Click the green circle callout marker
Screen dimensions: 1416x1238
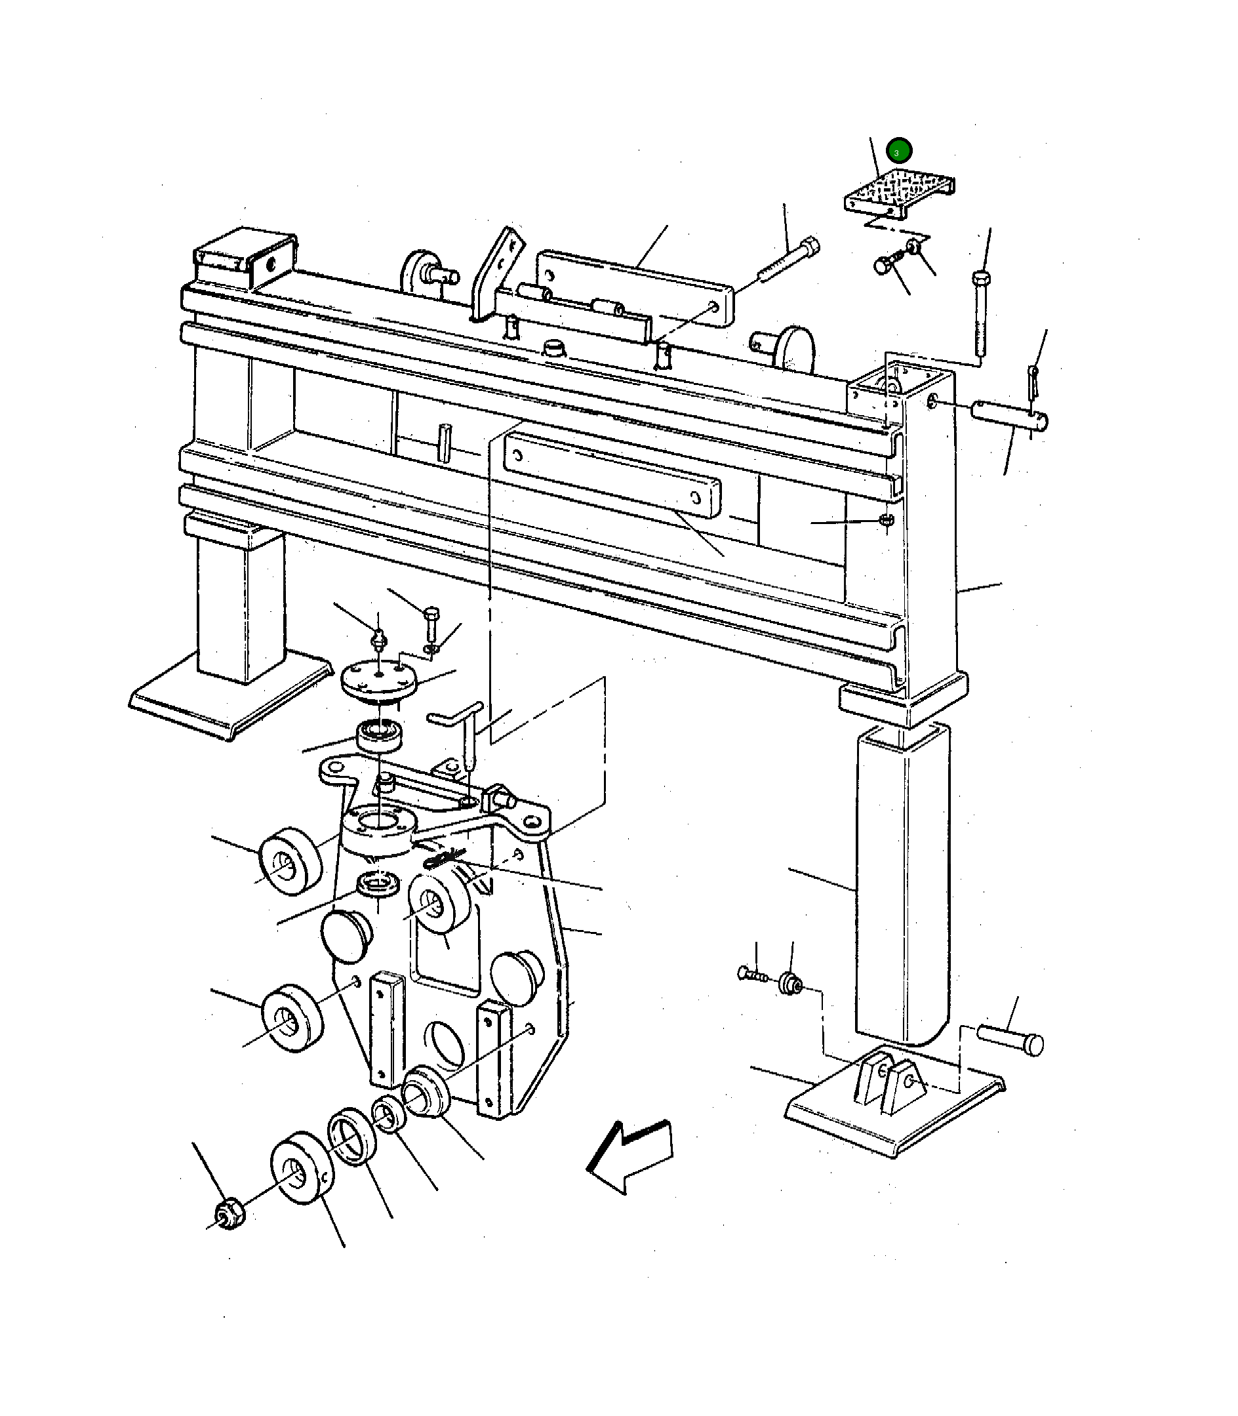(898, 151)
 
